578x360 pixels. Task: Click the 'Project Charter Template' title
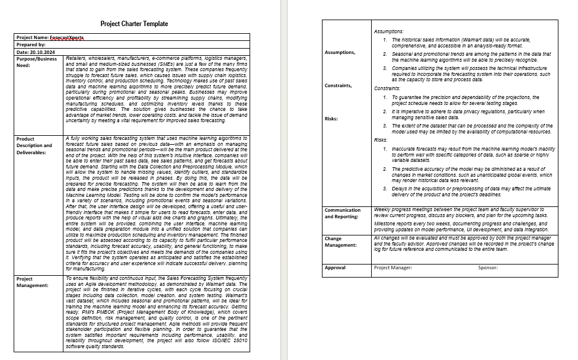tap(134, 24)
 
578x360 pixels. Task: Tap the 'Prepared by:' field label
tap(31, 44)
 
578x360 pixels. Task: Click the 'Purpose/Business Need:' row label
tap(37, 62)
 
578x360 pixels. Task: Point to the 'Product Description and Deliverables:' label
tap(34, 145)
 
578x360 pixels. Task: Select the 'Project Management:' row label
tap(33, 282)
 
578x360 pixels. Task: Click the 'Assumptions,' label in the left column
tap(340, 52)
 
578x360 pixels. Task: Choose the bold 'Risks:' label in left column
tap(331, 119)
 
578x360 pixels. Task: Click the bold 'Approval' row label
tap(335, 267)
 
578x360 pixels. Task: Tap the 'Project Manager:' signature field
tap(393, 267)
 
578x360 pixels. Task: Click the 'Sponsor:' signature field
tap(488, 267)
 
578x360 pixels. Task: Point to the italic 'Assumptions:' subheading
tap(389, 31)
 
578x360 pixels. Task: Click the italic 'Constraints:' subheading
tap(389, 88)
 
